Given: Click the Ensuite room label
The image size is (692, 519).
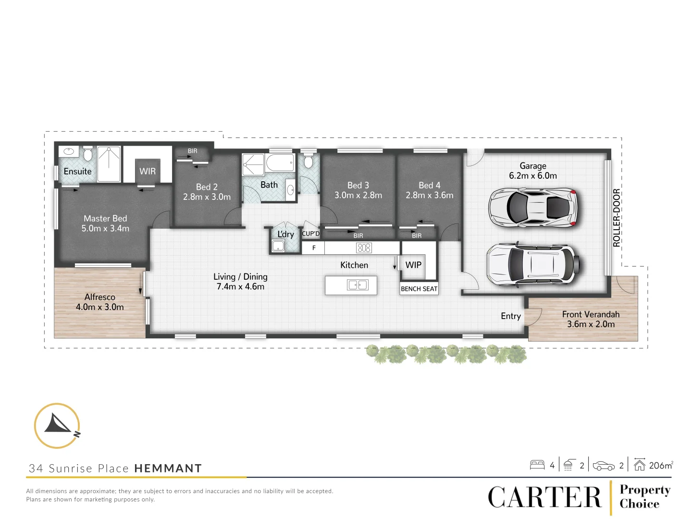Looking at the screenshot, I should [x=77, y=172].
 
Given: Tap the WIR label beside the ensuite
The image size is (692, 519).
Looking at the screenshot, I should [x=148, y=172].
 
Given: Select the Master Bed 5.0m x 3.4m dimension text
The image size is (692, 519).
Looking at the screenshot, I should [x=105, y=229].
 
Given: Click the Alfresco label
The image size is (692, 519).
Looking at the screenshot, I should [x=100, y=297].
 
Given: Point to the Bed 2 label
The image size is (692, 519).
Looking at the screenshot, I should [x=207, y=187].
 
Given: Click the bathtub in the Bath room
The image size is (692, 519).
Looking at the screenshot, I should [x=280, y=163].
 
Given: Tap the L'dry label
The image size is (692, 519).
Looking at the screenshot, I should [x=285, y=234].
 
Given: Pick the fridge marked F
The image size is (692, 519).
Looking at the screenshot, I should [x=314, y=248].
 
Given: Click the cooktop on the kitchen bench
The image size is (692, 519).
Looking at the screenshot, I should [x=364, y=248].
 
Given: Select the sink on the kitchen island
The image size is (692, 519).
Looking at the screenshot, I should [x=358, y=285].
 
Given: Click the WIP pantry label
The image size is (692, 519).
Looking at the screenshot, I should [x=413, y=265].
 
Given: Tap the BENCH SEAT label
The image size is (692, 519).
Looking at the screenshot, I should [x=419, y=289].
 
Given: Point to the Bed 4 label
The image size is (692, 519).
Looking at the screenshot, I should [x=429, y=185].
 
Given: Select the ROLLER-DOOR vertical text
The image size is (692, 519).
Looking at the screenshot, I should [x=617, y=218].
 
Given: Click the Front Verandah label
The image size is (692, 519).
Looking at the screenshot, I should [x=591, y=314].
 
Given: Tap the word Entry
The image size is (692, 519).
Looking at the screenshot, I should [x=510, y=316].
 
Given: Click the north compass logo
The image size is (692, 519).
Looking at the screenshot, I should [x=57, y=426].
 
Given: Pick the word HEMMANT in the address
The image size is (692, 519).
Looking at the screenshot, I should [x=168, y=469].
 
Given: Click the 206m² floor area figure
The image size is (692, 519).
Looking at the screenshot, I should [x=661, y=465].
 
